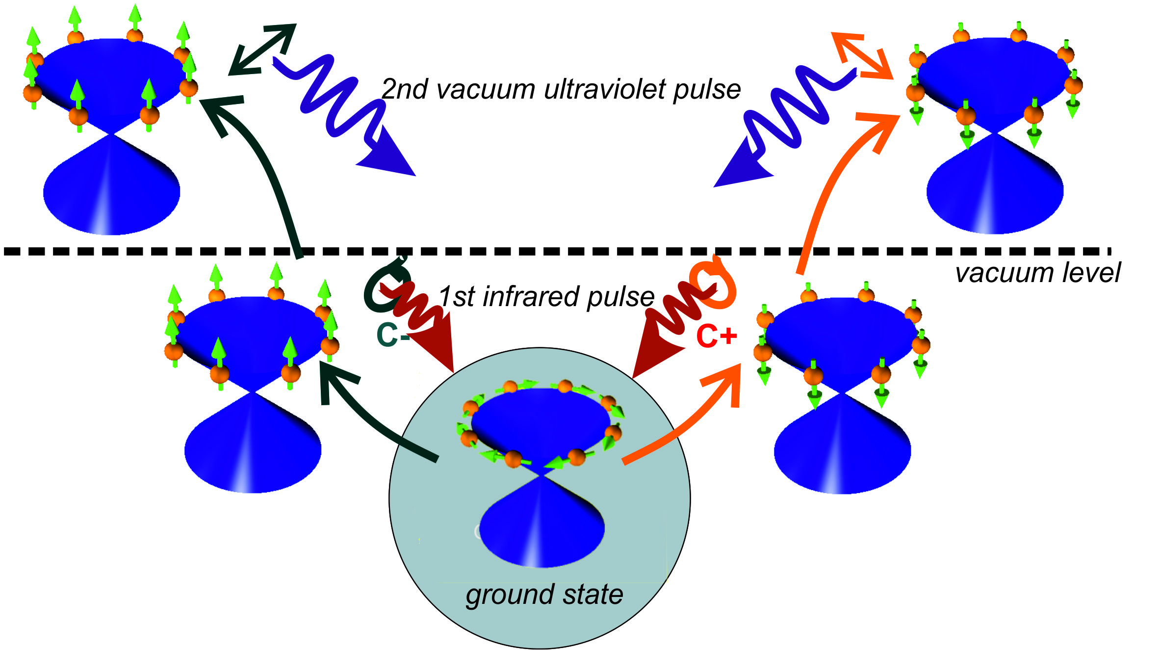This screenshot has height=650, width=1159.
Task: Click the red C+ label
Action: (716, 336)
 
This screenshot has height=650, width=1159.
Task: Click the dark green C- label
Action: (392, 335)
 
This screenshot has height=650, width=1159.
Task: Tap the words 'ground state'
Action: (544, 595)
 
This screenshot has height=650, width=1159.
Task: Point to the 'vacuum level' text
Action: (1037, 273)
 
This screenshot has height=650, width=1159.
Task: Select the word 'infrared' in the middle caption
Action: (527, 297)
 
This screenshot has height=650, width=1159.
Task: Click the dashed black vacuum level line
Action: (540, 251)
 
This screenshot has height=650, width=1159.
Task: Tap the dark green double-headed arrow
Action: (262, 50)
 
